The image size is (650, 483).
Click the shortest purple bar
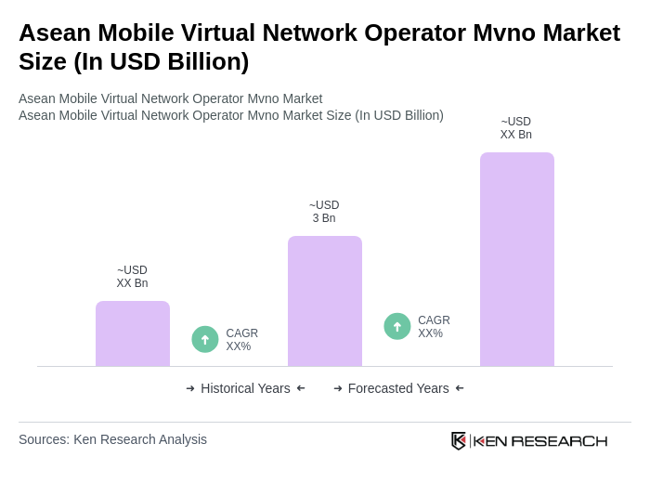click(x=133, y=333)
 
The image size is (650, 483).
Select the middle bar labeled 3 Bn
click(x=324, y=301)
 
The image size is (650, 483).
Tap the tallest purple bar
click(x=516, y=259)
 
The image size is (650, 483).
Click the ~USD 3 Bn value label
click(x=324, y=212)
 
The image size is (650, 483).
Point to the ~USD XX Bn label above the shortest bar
click(x=132, y=277)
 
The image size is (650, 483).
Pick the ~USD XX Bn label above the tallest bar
click(x=516, y=128)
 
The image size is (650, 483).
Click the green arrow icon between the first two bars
click(x=205, y=340)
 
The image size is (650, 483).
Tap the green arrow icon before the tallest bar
click(x=397, y=327)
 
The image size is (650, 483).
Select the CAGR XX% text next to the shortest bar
click(x=241, y=340)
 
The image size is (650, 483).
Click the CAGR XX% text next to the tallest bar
click(x=434, y=327)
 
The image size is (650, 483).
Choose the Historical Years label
click(x=245, y=388)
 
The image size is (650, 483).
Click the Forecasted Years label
click(x=398, y=388)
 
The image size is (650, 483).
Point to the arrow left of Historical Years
click(x=190, y=388)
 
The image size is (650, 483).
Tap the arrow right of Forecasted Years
click(x=460, y=388)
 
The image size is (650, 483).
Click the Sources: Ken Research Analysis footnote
click(x=112, y=439)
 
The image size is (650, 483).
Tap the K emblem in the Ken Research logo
click(x=459, y=440)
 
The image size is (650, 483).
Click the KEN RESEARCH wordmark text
click(x=540, y=440)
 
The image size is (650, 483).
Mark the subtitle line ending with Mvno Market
click(x=170, y=98)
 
